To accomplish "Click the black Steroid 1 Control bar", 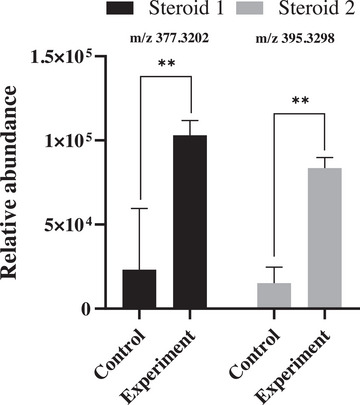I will click(x=140, y=289).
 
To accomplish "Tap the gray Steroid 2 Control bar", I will click(x=273, y=296).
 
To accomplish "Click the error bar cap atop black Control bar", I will click(x=140, y=208).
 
